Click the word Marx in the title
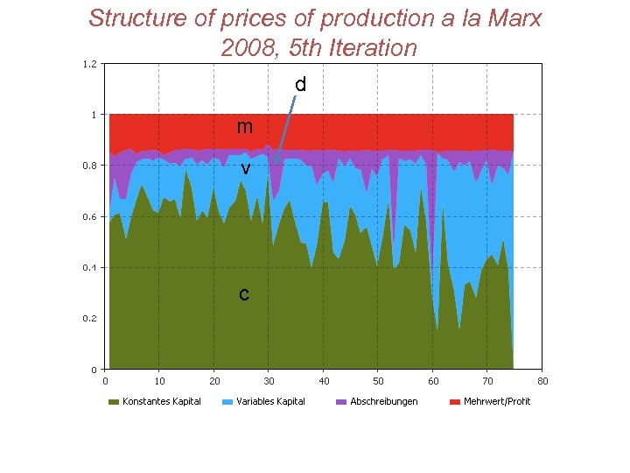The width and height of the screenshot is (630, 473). pos(513,18)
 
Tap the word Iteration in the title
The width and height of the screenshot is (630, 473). pos(369,47)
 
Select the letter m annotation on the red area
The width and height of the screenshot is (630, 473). pos(245,127)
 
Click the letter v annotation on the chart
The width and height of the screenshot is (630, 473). pos(246,167)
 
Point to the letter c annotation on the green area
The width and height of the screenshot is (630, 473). pos(244,294)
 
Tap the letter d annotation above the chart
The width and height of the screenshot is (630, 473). pos(300,85)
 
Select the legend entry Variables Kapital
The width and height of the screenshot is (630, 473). pos(270,401)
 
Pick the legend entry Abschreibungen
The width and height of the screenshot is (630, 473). pos(383,401)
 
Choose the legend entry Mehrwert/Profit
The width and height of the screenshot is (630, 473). pos(496,401)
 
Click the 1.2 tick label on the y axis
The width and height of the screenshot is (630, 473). pos(89,63)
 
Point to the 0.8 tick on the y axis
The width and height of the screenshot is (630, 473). pos(89,166)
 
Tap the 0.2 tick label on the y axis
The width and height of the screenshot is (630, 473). pos(89,319)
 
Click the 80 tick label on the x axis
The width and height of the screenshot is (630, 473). pos(542,381)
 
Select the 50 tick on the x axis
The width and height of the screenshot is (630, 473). pos(378,381)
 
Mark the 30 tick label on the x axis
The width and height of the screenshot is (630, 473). pos(269,381)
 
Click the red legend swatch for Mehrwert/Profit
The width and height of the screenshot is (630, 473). pos(455,402)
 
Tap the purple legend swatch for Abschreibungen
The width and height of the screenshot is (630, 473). pos(341,402)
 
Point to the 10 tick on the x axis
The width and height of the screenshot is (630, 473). pos(159,381)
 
